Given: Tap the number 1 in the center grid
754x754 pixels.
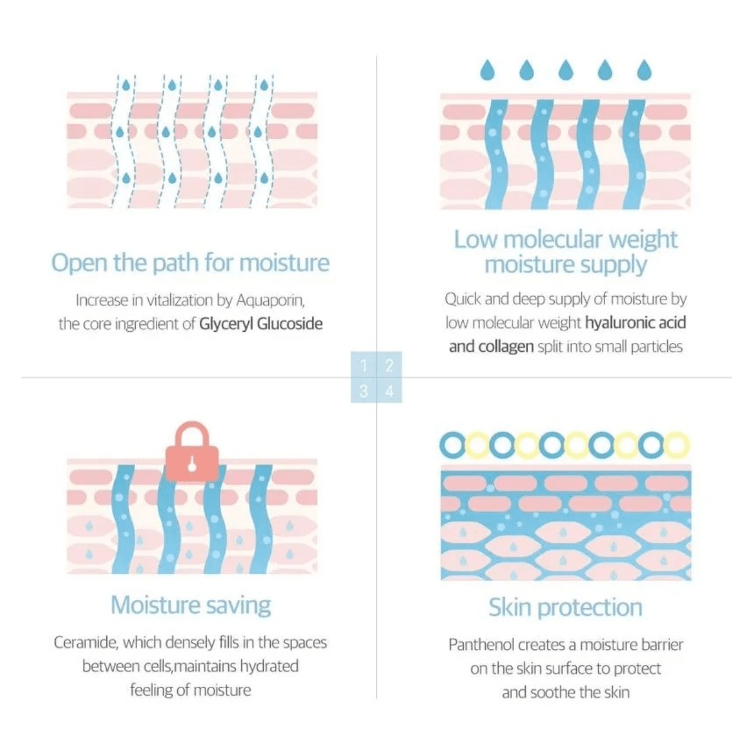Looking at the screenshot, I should coord(364,365).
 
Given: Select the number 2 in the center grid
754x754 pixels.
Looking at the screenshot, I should coord(389,365).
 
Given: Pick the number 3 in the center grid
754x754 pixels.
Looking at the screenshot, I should coord(364,391).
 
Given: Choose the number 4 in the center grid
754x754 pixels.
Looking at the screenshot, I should coord(389,391).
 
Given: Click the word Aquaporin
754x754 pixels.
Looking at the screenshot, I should coord(270,300).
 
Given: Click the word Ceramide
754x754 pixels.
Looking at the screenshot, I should coord(85,643).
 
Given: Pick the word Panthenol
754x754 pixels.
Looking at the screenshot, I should coord(481,645).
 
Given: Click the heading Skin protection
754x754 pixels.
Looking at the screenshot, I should coord(565,608).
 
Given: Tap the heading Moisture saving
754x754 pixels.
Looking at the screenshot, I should coord(191,605).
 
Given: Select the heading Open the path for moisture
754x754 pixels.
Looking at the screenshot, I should coord(190,263).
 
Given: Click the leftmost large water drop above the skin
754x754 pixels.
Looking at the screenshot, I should coord(487,70).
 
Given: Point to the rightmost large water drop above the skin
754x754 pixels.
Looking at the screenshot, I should coord(644,70).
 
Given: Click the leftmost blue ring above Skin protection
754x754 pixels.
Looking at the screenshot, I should coord(452,445).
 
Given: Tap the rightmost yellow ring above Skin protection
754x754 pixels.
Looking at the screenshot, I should coord(677,445).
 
